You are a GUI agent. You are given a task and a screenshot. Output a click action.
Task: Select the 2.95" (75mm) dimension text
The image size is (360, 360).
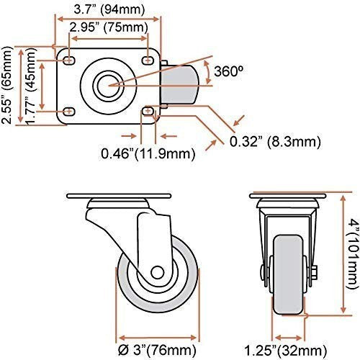109,28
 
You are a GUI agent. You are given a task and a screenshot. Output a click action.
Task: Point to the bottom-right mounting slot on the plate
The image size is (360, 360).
148,110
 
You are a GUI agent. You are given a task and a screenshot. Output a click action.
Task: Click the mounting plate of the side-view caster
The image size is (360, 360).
119,197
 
